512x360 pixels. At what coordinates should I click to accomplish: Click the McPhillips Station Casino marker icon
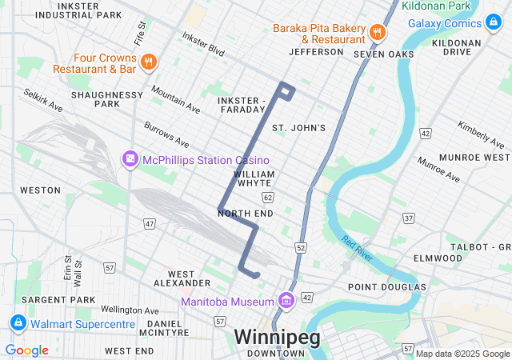coord(130,160)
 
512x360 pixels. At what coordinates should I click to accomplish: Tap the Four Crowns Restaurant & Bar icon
coord(147,62)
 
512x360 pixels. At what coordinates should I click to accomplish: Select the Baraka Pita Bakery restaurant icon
coord(377,33)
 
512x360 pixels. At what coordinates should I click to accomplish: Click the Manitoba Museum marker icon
coord(286,301)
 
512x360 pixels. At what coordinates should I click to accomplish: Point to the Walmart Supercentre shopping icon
coord(17,323)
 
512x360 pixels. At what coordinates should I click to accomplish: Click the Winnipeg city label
coord(277,336)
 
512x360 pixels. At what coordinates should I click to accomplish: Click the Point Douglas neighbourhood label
coord(386,286)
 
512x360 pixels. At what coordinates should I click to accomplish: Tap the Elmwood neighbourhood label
coord(438,258)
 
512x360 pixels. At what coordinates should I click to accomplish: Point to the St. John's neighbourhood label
coord(298,128)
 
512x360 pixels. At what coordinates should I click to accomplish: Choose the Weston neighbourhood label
coord(40,190)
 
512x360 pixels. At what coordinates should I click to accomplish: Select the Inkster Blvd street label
coord(203,42)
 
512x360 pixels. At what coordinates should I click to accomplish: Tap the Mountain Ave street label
coord(175,99)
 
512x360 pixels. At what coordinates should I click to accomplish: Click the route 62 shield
coord(267,197)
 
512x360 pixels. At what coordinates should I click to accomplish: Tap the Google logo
coord(26,350)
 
